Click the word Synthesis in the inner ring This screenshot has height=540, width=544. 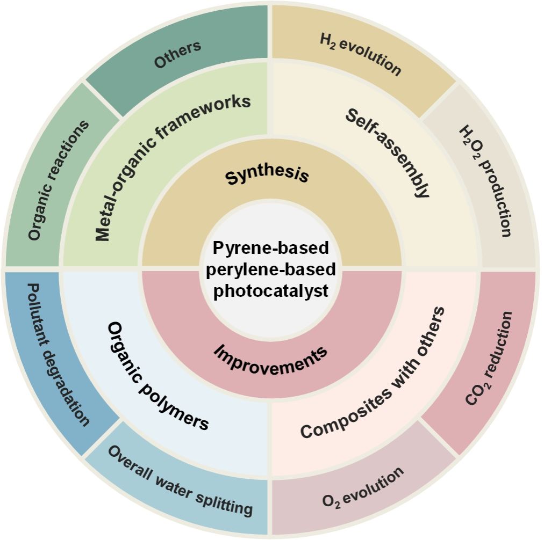pos(267,176)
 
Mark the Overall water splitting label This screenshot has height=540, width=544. pos(180,479)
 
